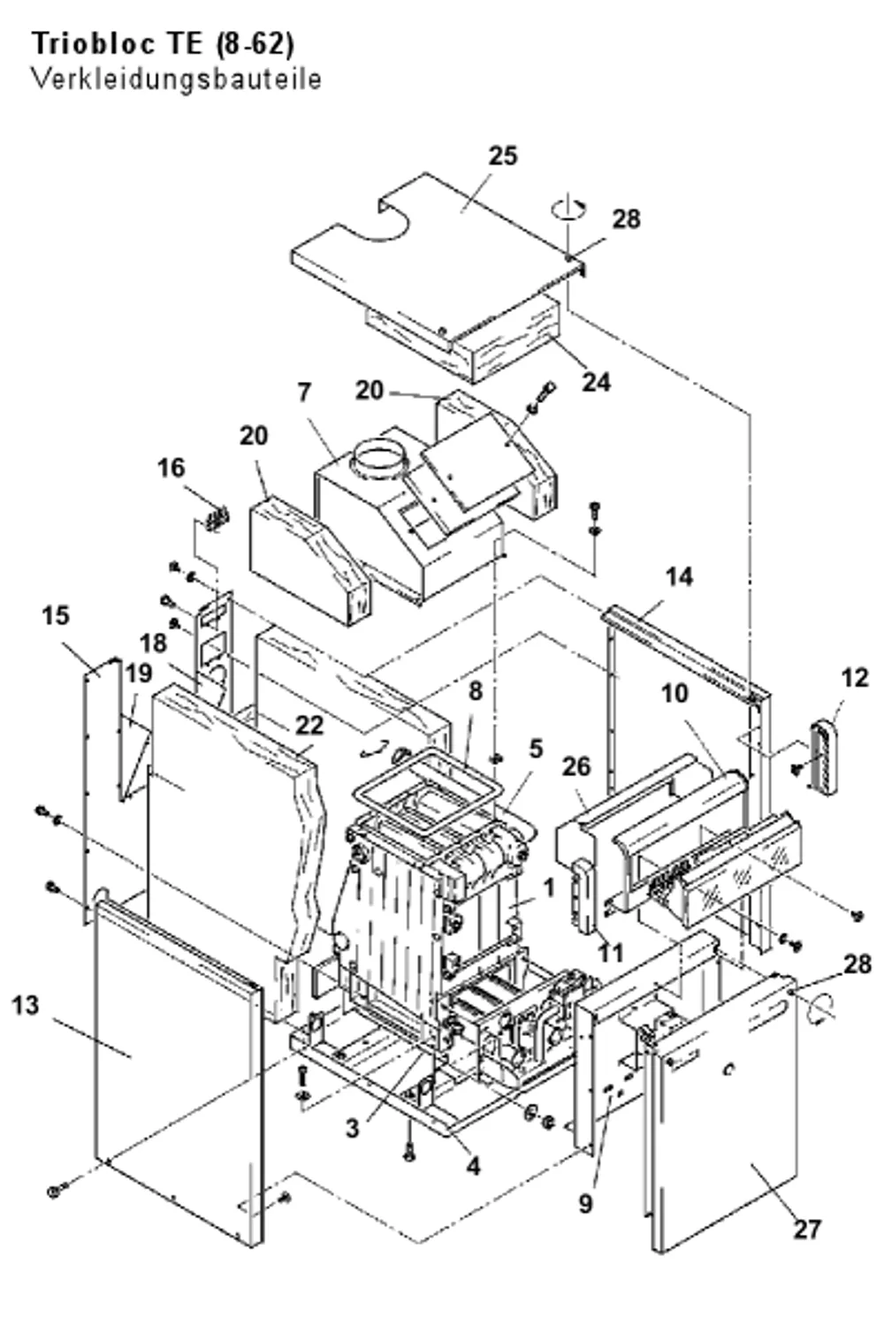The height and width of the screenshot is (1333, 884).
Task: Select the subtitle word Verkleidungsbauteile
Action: coord(177,80)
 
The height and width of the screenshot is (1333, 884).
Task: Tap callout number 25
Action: coord(503,156)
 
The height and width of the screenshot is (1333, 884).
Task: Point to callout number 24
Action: coord(597,382)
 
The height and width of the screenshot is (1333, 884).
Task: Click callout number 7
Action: coord(304,392)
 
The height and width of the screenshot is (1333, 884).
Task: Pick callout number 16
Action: coord(171,468)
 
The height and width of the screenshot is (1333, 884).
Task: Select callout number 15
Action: coord(56,615)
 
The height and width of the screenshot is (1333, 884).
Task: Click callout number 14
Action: coord(679,576)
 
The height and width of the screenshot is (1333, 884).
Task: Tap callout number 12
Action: coord(855,678)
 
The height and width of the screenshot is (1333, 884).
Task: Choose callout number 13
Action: coord(26,1005)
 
